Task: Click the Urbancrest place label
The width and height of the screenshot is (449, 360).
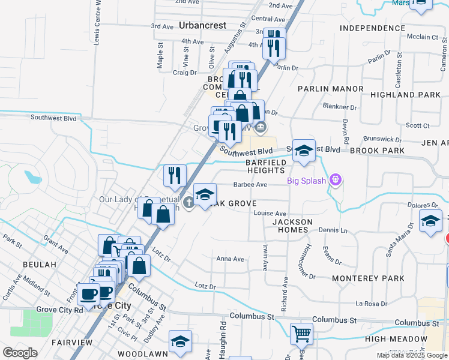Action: [x=202, y=26]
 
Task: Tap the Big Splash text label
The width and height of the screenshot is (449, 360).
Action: [x=306, y=180]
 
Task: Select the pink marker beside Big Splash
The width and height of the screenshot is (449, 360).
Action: [x=336, y=179]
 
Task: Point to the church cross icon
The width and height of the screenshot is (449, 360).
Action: [x=189, y=202]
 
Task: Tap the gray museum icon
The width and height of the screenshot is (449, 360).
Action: [x=261, y=126]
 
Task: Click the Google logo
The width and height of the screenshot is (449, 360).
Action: [x=20, y=353]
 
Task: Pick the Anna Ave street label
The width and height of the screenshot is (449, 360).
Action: [x=231, y=259]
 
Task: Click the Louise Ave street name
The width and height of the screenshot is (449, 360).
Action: [x=270, y=213]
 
